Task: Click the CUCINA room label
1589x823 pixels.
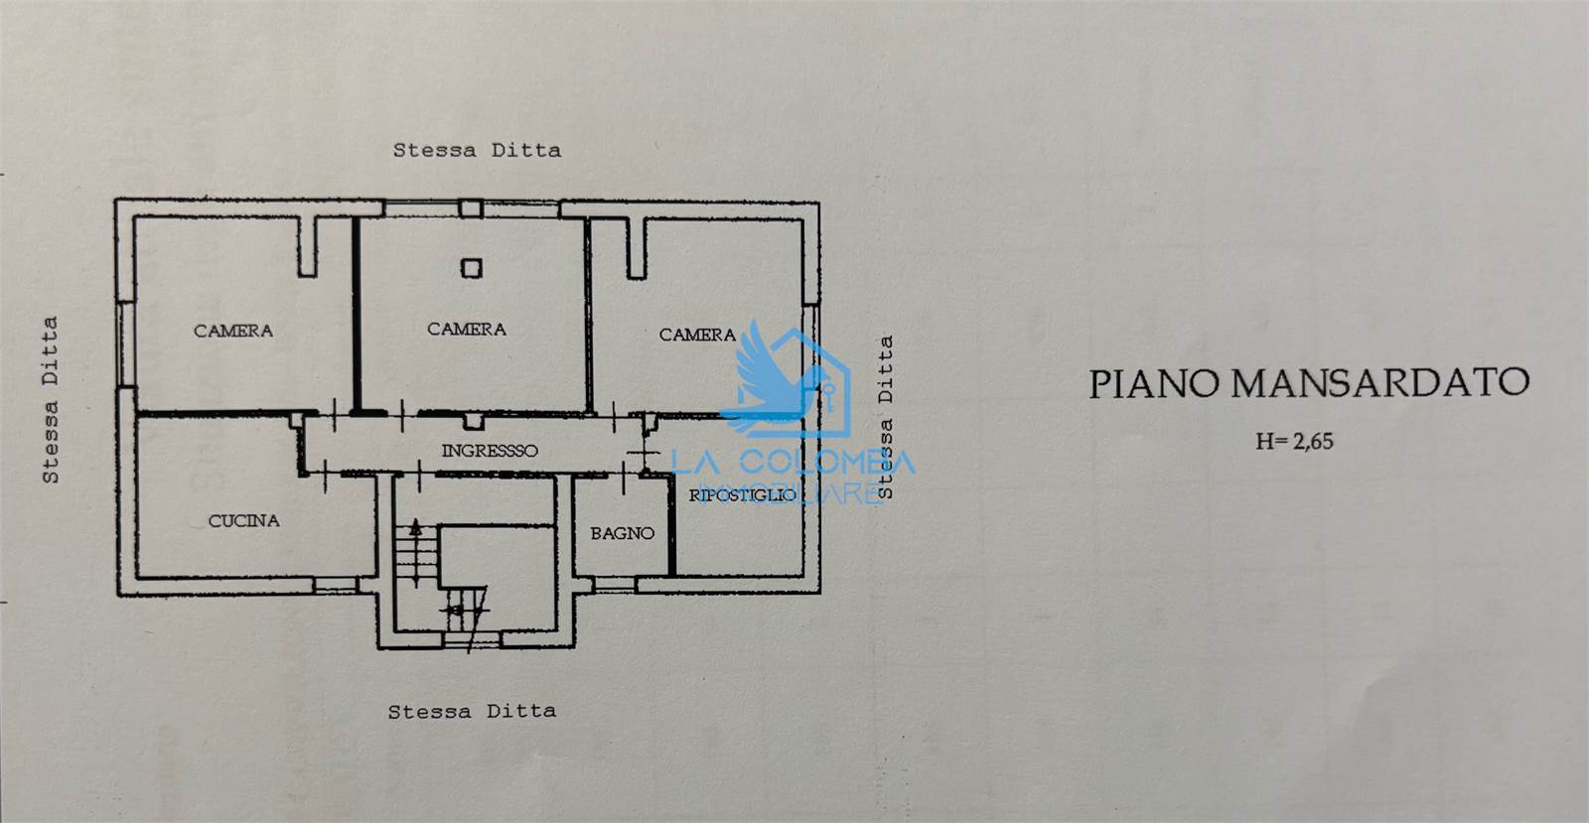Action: [243, 521]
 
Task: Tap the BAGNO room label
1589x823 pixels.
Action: [622, 533]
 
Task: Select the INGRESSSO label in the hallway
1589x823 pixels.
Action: [490, 451]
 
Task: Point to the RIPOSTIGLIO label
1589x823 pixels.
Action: [743, 494]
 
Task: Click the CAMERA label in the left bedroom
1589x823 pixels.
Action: [233, 331]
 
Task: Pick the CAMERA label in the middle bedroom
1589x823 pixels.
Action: [467, 329]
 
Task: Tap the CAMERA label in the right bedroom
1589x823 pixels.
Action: [697, 335]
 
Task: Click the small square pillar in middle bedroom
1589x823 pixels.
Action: [471, 268]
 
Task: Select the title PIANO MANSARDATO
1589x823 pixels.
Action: [1309, 383]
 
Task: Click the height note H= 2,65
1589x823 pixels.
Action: [1295, 442]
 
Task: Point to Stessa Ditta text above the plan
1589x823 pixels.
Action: [477, 150]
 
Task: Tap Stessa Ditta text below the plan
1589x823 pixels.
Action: [472, 712]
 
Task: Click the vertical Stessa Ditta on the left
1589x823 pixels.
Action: [50, 400]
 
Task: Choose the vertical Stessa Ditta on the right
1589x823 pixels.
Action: [885, 418]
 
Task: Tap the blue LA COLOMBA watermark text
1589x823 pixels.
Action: [794, 463]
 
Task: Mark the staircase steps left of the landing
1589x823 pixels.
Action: [416, 553]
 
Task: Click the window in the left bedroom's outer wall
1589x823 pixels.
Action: [126, 343]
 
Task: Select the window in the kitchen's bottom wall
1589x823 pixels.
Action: [336, 586]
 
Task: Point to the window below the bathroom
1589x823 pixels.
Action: [615, 585]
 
